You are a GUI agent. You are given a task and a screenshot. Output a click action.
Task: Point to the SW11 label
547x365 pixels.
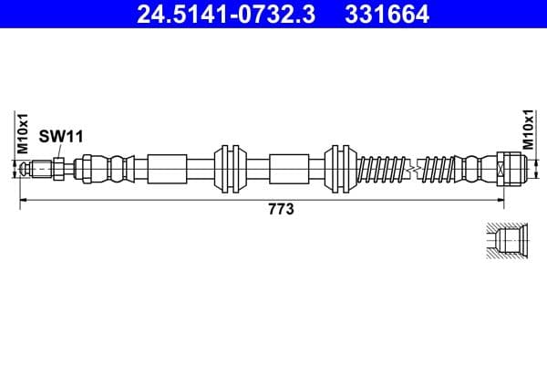click(61, 136)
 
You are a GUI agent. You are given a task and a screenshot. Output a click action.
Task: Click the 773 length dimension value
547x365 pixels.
click(279, 210)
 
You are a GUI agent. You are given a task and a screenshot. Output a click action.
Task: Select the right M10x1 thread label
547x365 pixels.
click(527, 130)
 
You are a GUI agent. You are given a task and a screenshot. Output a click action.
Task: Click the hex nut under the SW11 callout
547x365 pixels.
click(57, 169)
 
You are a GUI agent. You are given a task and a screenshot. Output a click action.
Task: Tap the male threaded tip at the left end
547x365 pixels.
click(37, 169)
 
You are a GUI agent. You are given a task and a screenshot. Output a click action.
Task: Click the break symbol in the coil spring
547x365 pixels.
click(416, 169)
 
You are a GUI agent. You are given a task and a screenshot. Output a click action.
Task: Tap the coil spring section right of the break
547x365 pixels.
click(441, 169)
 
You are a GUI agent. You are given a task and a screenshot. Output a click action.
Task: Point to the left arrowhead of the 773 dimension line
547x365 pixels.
click(24, 199)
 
